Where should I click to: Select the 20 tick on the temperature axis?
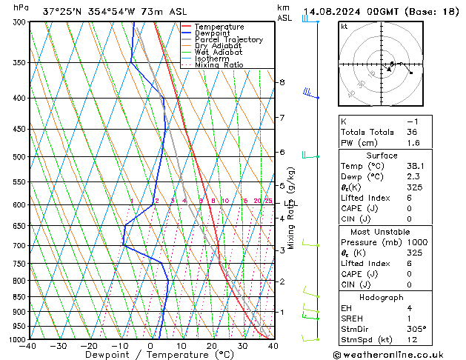212,346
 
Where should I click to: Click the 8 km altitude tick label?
282,82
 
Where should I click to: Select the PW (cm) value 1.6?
412,143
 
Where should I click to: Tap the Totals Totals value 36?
412,132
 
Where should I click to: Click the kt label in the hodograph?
344,27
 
